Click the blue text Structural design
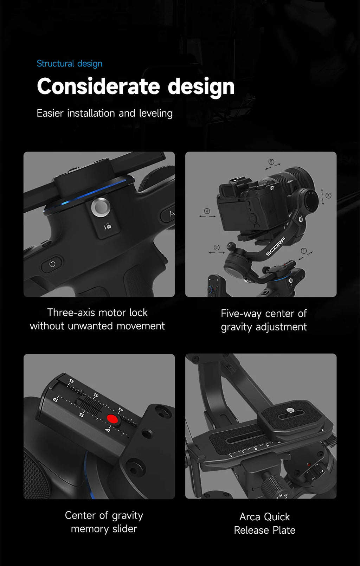pyautogui.click(x=70, y=63)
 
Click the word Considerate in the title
pyautogui.click(x=98, y=86)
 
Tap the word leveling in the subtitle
pyautogui.click(x=156, y=113)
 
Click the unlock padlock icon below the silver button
pyautogui.click(x=108, y=226)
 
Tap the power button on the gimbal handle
pyautogui.click(x=52, y=264)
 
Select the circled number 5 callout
pyautogui.click(x=271, y=162)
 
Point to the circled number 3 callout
pyautogui.click(x=328, y=195)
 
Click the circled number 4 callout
pyautogui.click(x=207, y=211)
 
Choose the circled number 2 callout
pyautogui.click(x=217, y=247)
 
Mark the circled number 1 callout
pyautogui.click(x=304, y=251)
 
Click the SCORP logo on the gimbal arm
pyautogui.click(x=275, y=247)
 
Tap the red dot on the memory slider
pyautogui.click(x=112, y=419)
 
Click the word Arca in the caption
pyautogui.click(x=250, y=517)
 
